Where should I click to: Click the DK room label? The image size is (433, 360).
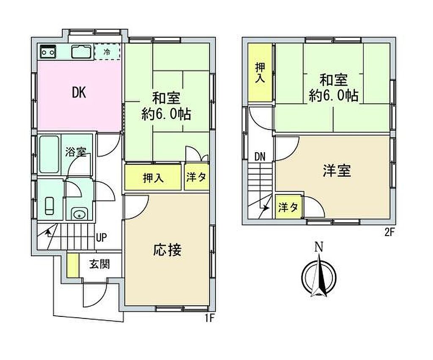tap(79, 93)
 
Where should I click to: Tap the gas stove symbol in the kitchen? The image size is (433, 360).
tap(48, 51)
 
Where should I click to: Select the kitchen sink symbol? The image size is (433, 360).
tap(81, 51)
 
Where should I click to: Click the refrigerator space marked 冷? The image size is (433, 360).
tap(107, 52)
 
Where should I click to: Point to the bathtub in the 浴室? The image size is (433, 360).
tap(49, 154)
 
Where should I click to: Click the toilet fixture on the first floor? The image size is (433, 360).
tap(50, 206)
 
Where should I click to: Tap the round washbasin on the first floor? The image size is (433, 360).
tap(79, 214)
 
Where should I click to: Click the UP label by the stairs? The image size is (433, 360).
tap(101, 237)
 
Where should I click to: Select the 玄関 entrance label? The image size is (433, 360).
tap(99, 264)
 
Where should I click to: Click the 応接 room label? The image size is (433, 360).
tap(167, 250)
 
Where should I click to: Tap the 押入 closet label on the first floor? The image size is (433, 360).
tap(153, 178)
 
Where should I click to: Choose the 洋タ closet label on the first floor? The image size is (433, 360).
tap(196, 177)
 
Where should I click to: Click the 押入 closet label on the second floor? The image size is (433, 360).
tap(260, 73)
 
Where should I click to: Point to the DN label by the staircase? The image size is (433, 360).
tap(260, 157)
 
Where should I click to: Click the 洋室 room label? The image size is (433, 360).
tap(337, 170)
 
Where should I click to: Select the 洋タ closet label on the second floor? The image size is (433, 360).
tap(288, 207)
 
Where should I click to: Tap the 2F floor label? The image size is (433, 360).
tap(389, 232)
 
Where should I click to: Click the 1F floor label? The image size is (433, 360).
tap(209, 318)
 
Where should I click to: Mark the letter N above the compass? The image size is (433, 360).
tap(319, 247)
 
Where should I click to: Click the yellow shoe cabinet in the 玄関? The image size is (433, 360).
tap(73, 265)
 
